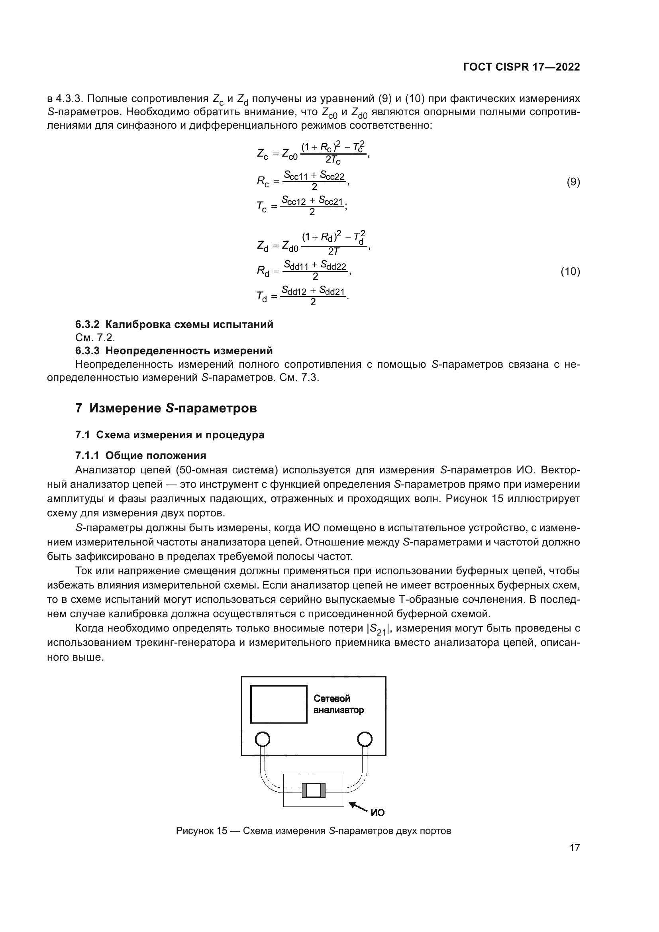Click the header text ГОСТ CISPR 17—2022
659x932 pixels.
click(521, 67)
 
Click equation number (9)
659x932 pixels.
click(573, 182)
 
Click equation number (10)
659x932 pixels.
click(570, 271)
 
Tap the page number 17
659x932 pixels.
click(575, 848)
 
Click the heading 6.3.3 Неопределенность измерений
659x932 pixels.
click(174, 350)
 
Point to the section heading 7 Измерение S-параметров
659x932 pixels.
click(166, 408)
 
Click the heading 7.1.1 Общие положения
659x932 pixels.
click(141, 455)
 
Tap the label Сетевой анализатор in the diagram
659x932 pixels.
click(338, 704)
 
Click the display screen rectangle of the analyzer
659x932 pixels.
click(279, 704)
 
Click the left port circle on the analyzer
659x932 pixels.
click(262, 739)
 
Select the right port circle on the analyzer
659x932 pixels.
click(365, 739)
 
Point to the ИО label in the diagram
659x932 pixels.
click(377, 812)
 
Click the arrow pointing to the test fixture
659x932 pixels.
click(358, 805)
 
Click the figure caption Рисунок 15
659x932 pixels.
click(313, 831)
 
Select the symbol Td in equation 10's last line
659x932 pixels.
click(262, 297)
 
